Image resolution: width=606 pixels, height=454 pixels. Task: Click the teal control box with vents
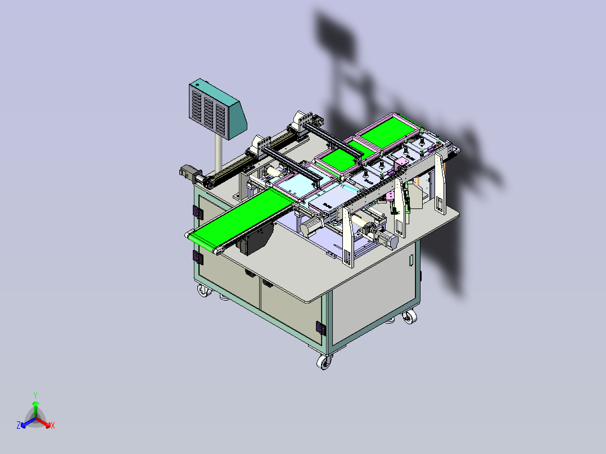[218, 109]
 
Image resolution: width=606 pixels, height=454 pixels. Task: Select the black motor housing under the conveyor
[255, 240]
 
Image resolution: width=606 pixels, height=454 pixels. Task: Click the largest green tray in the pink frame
[388, 132]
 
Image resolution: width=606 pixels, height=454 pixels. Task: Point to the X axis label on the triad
[53, 425]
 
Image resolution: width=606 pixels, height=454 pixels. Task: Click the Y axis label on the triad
[35, 396]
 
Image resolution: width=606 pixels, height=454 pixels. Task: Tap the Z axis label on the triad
[19, 425]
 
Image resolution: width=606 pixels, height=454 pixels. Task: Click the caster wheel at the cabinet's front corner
[324, 362]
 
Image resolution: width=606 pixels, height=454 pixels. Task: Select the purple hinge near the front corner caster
[320, 328]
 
